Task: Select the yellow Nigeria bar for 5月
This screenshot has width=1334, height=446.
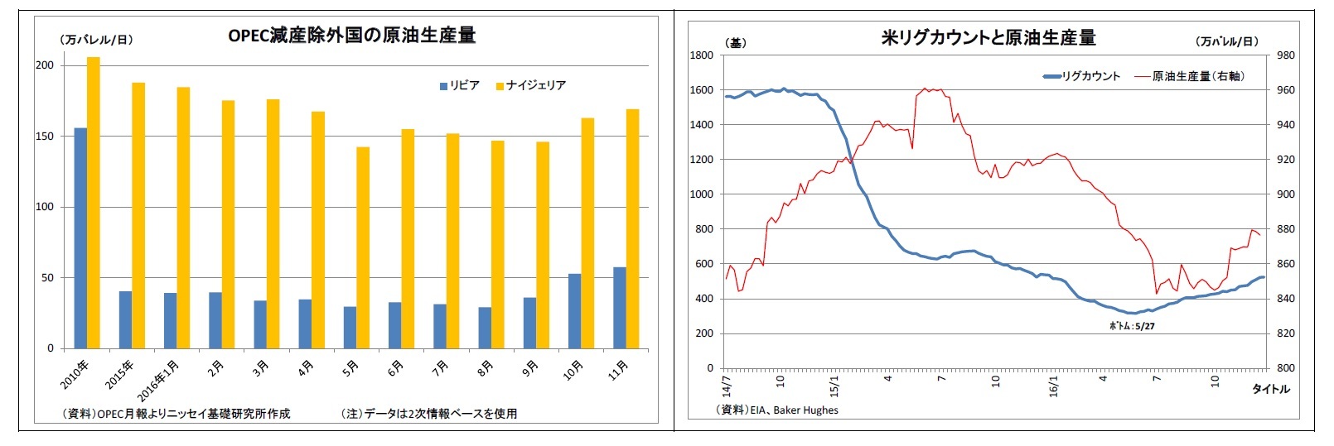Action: (x=363, y=247)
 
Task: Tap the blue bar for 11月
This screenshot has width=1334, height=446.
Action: (x=619, y=308)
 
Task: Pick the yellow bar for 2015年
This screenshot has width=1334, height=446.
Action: (x=138, y=215)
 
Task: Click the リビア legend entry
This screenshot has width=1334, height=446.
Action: (x=459, y=85)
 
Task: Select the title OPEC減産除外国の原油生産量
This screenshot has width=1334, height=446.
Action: (x=351, y=35)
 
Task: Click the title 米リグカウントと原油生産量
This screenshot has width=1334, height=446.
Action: (x=988, y=37)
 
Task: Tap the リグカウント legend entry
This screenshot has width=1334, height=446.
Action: (x=1081, y=76)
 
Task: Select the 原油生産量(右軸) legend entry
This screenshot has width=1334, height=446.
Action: (x=1190, y=76)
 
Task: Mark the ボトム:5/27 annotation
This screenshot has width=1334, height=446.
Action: (x=1132, y=326)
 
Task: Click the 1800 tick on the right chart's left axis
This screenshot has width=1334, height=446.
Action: (x=701, y=55)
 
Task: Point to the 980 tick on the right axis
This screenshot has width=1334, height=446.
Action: (x=1285, y=55)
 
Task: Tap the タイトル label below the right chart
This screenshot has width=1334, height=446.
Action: (x=1269, y=389)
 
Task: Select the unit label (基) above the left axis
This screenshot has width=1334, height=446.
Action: (x=735, y=42)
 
